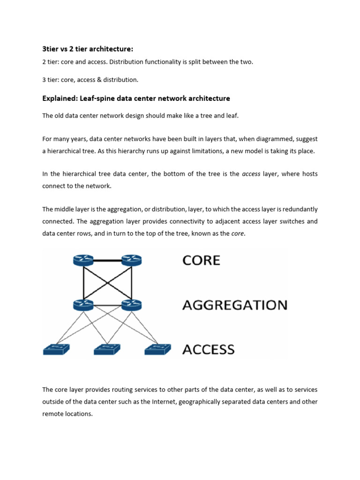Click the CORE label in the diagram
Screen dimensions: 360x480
click(x=201, y=260)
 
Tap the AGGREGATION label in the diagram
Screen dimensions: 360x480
click(x=234, y=305)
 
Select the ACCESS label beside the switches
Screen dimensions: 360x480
click(x=208, y=349)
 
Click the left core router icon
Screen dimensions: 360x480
click(x=83, y=260)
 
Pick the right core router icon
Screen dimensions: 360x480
click(x=131, y=260)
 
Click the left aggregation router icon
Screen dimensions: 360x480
click(x=83, y=305)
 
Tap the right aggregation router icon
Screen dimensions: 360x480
click(x=131, y=305)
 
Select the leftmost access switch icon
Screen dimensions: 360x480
click(x=56, y=349)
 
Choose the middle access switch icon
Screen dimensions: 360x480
click(x=107, y=349)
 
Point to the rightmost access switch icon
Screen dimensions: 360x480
click(x=158, y=349)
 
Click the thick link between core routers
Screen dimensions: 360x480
click(x=107, y=260)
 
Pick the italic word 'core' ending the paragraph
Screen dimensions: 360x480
click(x=238, y=233)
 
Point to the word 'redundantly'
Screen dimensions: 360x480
click(x=300, y=209)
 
